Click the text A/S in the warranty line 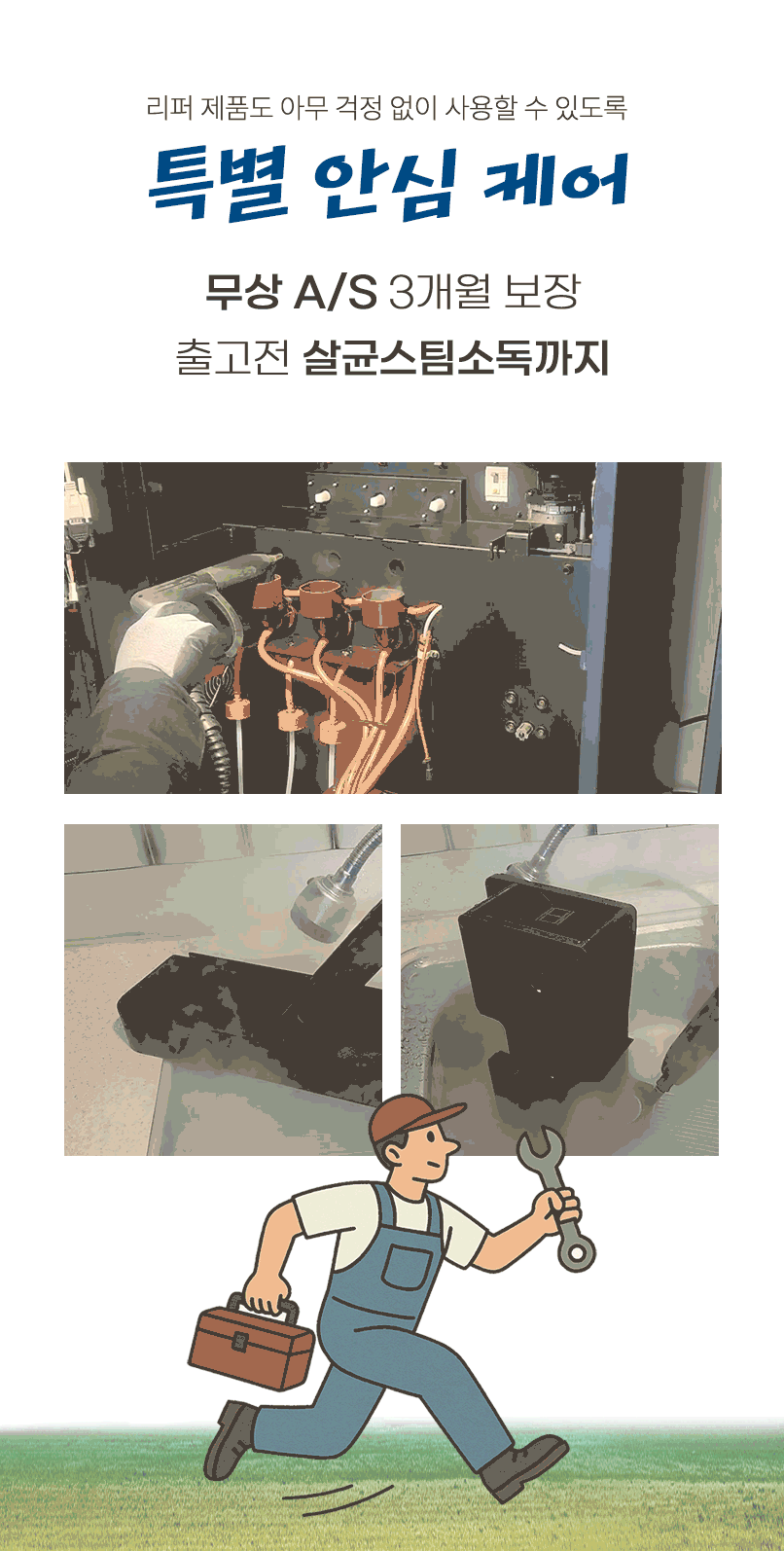336,292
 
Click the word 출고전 232,358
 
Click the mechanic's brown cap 410,1118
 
